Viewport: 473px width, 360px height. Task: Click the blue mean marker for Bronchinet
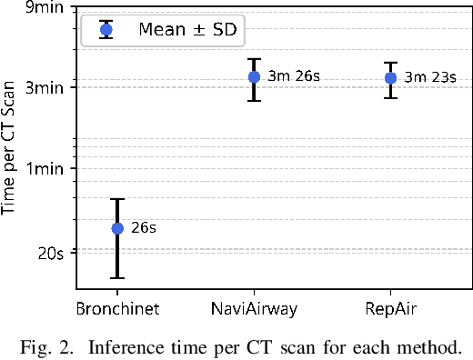[117, 228]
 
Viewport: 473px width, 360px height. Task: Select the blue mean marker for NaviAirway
[254, 77]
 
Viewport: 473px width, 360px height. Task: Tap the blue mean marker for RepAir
[390, 78]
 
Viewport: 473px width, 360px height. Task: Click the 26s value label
[144, 228]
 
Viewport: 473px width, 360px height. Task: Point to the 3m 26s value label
[294, 77]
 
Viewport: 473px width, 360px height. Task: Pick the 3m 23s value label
[430, 78]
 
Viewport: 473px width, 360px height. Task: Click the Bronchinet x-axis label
[117, 309]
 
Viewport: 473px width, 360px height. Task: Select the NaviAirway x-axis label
[254, 309]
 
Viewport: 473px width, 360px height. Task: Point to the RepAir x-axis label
[390, 309]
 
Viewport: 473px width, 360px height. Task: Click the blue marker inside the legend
[106, 29]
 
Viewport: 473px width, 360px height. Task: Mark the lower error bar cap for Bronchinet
[117, 278]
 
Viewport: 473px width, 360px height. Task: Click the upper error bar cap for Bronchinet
[117, 199]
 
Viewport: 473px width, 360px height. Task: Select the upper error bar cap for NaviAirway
[254, 59]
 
